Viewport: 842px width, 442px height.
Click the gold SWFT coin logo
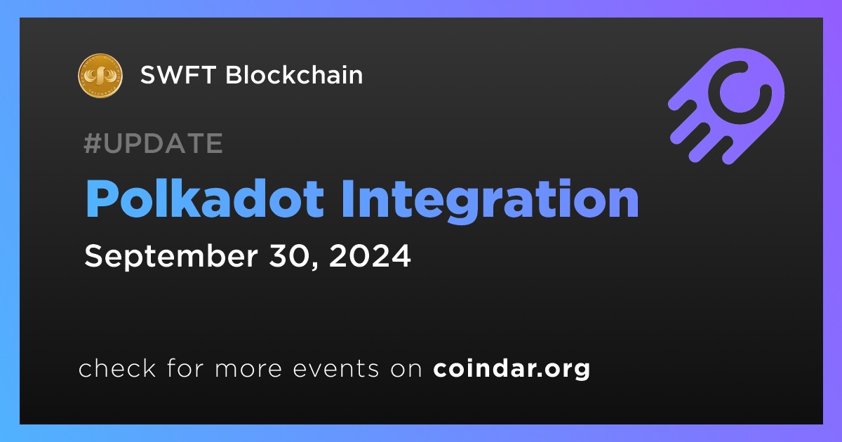click(100, 76)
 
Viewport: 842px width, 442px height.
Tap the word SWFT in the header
click(178, 75)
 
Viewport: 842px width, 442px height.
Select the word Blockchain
click(294, 74)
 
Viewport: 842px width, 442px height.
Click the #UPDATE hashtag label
click(154, 143)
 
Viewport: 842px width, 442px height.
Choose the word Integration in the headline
click(490, 201)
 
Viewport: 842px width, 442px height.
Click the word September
click(171, 257)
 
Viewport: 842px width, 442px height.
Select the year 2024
click(370, 255)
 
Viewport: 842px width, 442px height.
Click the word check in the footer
click(117, 368)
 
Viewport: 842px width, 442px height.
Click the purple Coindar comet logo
click(727, 106)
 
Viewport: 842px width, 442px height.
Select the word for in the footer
click(185, 368)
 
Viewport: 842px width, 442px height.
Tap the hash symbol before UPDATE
click(93, 143)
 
